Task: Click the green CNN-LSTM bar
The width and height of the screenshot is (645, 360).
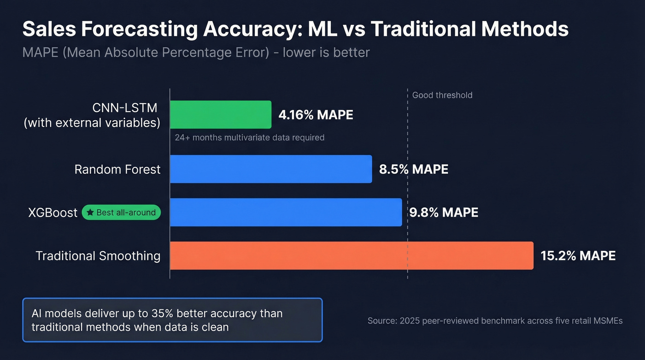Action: pos(221,114)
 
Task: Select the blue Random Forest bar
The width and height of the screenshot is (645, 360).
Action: pos(271,169)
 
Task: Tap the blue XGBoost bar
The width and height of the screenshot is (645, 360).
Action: pos(286,212)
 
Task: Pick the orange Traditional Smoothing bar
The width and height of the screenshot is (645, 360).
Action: pos(352,255)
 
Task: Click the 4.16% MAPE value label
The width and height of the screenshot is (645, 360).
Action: pos(316,115)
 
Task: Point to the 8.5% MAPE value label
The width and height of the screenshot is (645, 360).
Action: pos(413,169)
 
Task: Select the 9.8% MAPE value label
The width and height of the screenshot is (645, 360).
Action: pos(443,212)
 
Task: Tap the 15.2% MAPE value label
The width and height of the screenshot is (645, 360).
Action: pos(578,256)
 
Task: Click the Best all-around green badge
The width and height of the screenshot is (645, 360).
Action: pos(121,212)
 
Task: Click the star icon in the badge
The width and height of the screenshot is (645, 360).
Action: pos(90,212)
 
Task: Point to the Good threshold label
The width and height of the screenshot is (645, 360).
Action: pos(442,95)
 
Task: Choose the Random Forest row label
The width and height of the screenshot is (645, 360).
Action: pos(117,169)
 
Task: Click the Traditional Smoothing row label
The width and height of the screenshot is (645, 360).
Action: pos(98,256)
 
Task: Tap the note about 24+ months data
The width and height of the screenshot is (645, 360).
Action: pos(249,137)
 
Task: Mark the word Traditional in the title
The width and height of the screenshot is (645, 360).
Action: pos(423,29)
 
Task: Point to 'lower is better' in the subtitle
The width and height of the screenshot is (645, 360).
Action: pos(326,53)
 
